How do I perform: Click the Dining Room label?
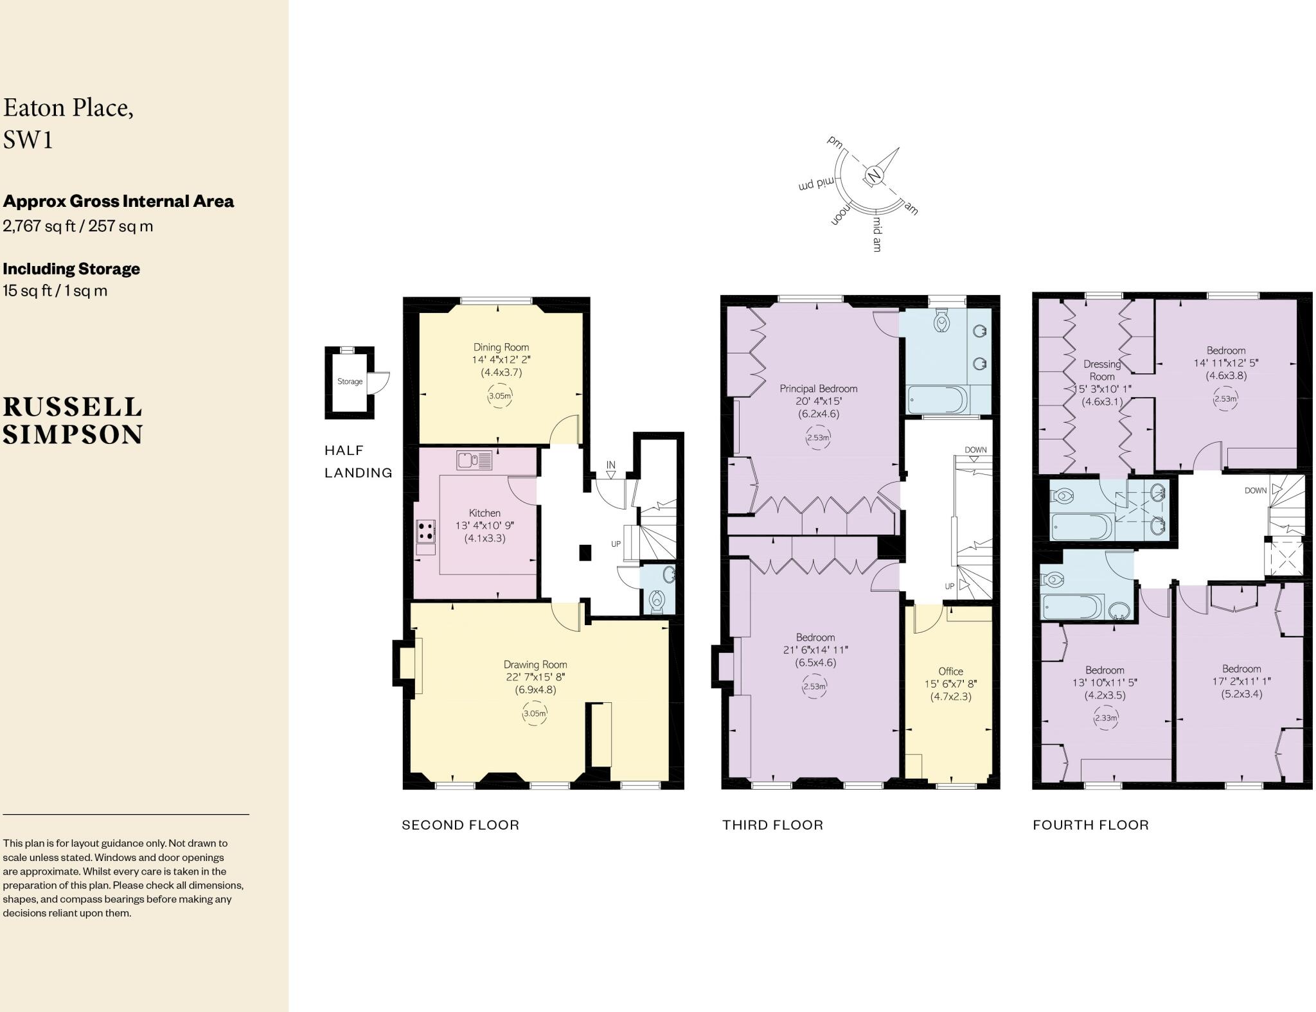[501, 347]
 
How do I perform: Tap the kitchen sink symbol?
[474, 460]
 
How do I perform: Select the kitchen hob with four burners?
[425, 531]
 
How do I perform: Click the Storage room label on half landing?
[350, 381]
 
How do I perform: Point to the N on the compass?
[873, 175]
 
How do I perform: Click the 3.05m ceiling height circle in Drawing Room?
[535, 713]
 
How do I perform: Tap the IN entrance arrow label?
[610, 465]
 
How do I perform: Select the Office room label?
[950, 671]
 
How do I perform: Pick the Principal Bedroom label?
[818, 388]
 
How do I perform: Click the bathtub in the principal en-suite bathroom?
[937, 400]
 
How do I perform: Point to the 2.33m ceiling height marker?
[1105, 718]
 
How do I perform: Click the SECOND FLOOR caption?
[460, 825]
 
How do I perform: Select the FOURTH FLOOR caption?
[1090, 825]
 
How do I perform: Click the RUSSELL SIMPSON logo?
[73, 421]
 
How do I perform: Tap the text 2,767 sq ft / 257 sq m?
[78, 226]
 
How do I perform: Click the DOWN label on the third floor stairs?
[975, 450]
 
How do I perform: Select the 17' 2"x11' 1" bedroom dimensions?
[1241, 681]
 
